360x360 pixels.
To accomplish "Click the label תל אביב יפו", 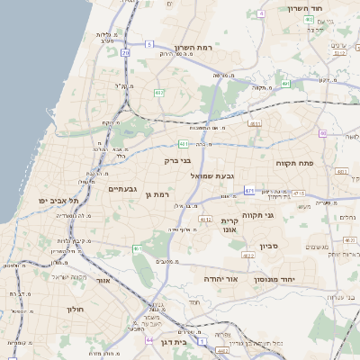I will (58, 200).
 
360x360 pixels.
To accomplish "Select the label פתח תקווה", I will (294, 163).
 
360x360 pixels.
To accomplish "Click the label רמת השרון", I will (193, 47).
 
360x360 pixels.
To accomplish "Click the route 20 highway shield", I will (126, 54).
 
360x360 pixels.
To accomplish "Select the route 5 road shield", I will (149, 43).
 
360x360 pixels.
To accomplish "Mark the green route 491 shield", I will (285, 84).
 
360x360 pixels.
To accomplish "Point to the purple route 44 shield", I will (148, 340).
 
